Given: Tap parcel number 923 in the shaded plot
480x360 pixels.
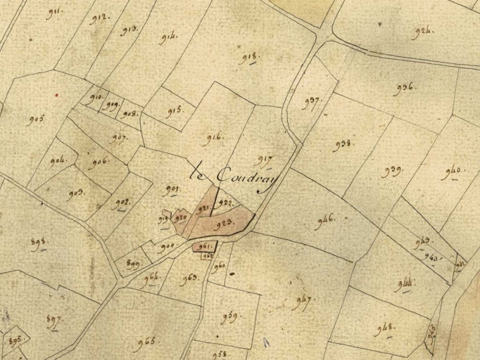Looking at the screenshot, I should click(223, 224).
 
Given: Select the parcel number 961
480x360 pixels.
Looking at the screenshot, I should click(205, 246).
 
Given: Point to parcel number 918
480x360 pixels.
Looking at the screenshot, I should click(248, 58).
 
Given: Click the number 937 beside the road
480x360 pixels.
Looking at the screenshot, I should click(312, 102).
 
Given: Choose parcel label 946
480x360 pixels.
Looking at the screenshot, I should click(325, 219).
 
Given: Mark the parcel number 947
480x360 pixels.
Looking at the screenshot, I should click(302, 302).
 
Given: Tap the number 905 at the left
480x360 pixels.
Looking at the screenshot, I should click(37, 120).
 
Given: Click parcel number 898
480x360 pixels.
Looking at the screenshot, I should click(39, 243).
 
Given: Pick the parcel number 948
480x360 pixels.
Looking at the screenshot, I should click(385, 328).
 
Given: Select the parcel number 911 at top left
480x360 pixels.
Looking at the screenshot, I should click(54, 13).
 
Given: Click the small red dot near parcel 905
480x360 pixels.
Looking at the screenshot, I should click(56, 94).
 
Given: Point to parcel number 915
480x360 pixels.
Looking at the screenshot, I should click(175, 110).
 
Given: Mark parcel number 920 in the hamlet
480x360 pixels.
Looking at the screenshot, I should click(181, 218).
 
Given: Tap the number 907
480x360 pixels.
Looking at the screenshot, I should click(118, 137).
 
